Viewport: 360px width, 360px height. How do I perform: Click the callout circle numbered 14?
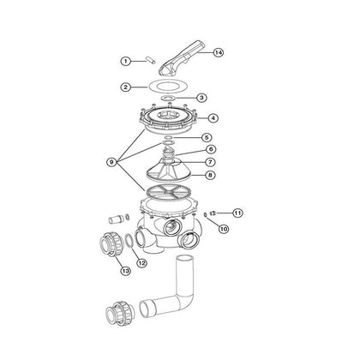click(218, 52)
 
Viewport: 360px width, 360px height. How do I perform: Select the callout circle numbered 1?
click(125, 61)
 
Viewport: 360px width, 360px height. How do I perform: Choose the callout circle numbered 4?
click(212, 117)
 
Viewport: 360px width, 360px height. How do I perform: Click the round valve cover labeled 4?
click(171, 116)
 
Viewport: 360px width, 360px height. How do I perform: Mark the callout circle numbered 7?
click(208, 161)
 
